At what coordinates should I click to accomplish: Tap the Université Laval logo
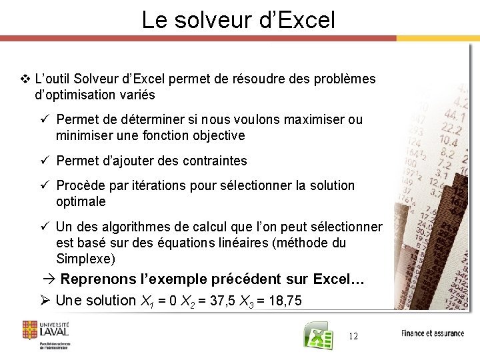pos(46,334)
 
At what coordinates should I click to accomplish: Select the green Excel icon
pos(318,337)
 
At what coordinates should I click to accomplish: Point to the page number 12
pos(353,337)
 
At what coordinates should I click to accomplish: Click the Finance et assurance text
pos(432,333)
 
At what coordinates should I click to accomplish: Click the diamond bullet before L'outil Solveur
pos(25,79)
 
